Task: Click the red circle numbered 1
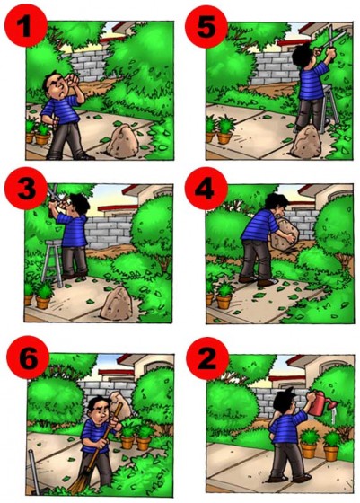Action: pos(26,26)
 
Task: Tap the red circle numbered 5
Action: pos(206,26)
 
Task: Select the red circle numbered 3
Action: pos(26,189)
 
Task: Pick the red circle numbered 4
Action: pos(206,189)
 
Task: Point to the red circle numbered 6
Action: pos(28,357)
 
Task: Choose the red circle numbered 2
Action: pos(207,358)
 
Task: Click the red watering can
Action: pos(321,403)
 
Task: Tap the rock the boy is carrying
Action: pos(284,234)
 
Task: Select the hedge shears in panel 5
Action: pos(331,40)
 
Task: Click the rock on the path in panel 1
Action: pos(123,142)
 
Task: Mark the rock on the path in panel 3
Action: pos(116,304)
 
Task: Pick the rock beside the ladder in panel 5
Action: pos(306,142)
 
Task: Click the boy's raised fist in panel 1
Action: pos(73,80)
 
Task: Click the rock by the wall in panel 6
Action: pos(119,405)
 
